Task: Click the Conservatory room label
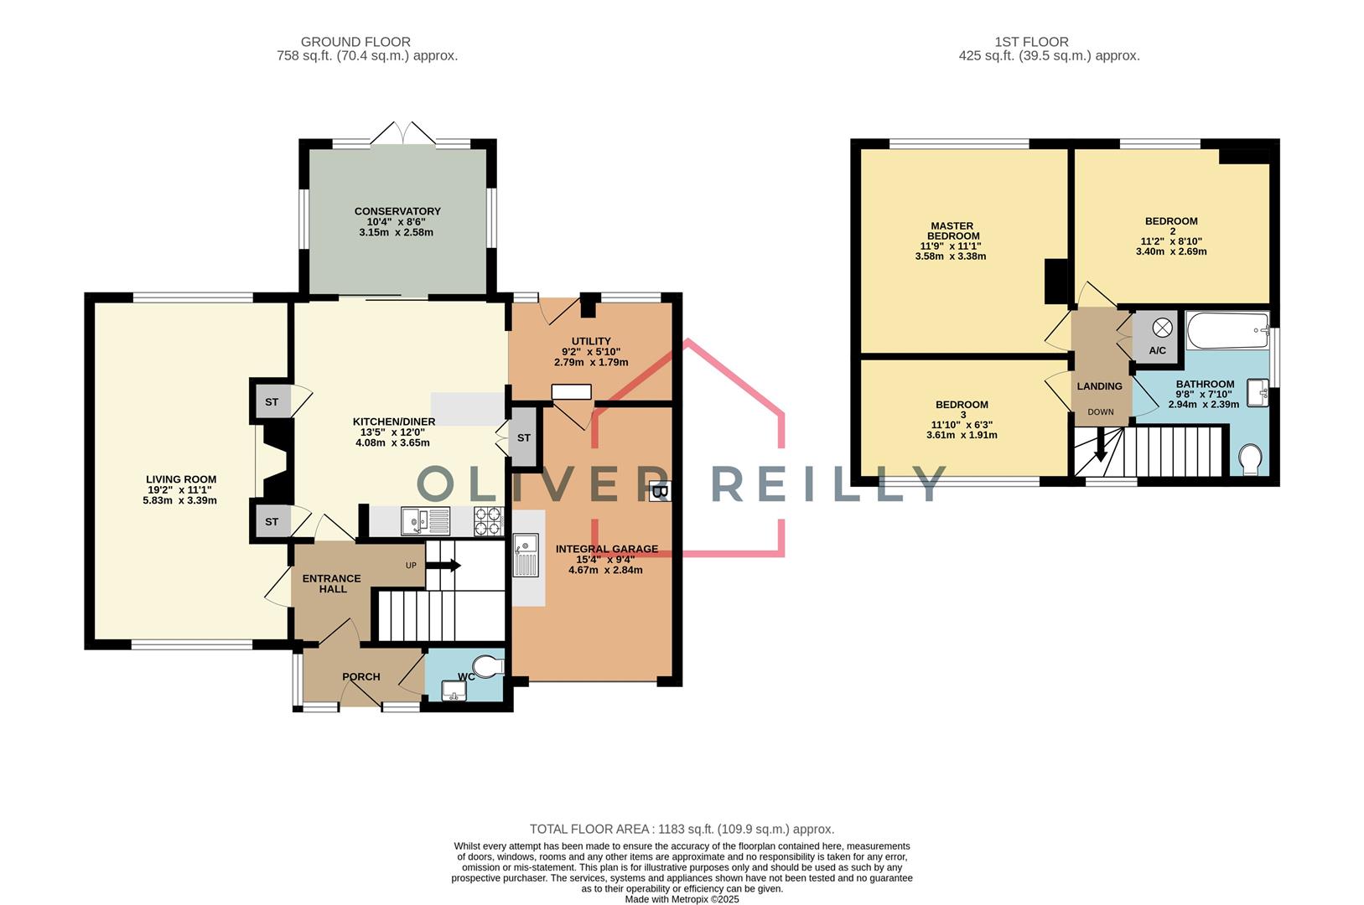point(397,211)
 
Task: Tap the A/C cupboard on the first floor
point(1157,338)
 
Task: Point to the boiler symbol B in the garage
point(660,492)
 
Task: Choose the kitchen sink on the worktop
point(426,521)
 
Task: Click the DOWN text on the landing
point(1101,412)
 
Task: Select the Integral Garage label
point(606,550)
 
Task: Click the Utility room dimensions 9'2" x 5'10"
point(591,352)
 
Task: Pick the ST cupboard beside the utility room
point(523,437)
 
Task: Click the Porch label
point(361,677)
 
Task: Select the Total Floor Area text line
point(681,830)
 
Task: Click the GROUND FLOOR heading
point(355,41)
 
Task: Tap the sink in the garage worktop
point(526,555)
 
